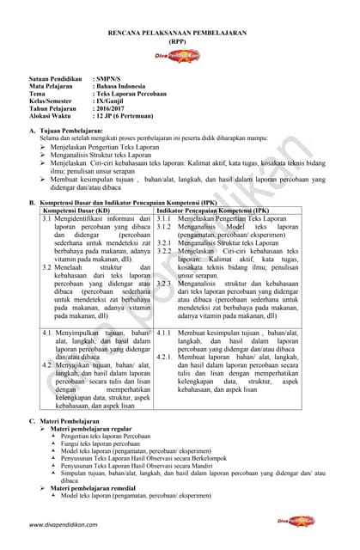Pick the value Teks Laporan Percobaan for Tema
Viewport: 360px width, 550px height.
(130, 95)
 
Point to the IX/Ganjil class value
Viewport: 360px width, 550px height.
(113, 102)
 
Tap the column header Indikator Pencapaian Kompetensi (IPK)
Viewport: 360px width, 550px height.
(211, 211)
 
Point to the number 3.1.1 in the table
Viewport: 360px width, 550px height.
(165, 219)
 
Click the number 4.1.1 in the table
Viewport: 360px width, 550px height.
(165, 333)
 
